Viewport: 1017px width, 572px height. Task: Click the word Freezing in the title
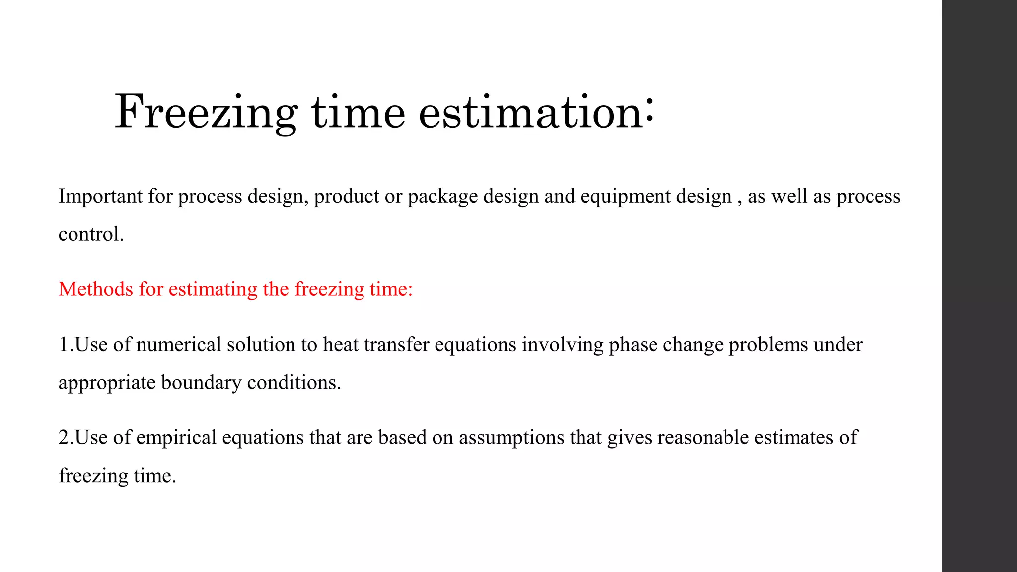point(206,113)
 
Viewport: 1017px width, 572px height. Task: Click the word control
point(90,234)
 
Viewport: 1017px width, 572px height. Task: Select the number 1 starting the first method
point(63,345)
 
